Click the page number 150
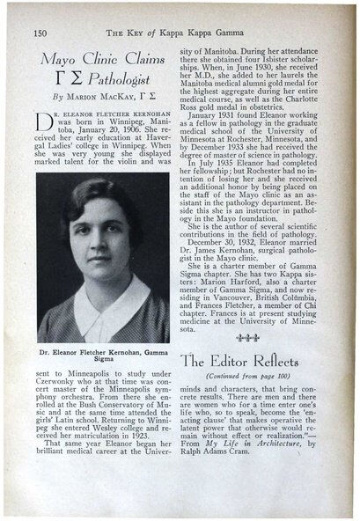tap(40, 33)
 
